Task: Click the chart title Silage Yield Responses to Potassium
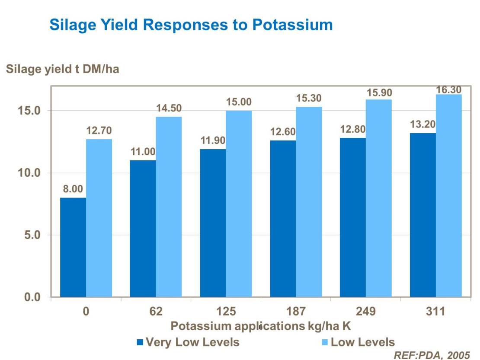(191, 25)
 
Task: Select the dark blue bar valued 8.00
(73, 247)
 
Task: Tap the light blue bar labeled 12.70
(99, 218)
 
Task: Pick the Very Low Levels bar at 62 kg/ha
(143, 229)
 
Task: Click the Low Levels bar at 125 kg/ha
(239, 204)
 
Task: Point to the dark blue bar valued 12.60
(283, 219)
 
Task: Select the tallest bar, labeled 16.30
(448, 195)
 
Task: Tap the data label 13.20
(422, 125)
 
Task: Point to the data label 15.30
(309, 99)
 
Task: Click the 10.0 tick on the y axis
(29, 173)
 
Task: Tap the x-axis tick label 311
(435, 311)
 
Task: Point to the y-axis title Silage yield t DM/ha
(62, 70)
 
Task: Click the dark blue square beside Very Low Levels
(139, 343)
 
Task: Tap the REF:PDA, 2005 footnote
(432, 355)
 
